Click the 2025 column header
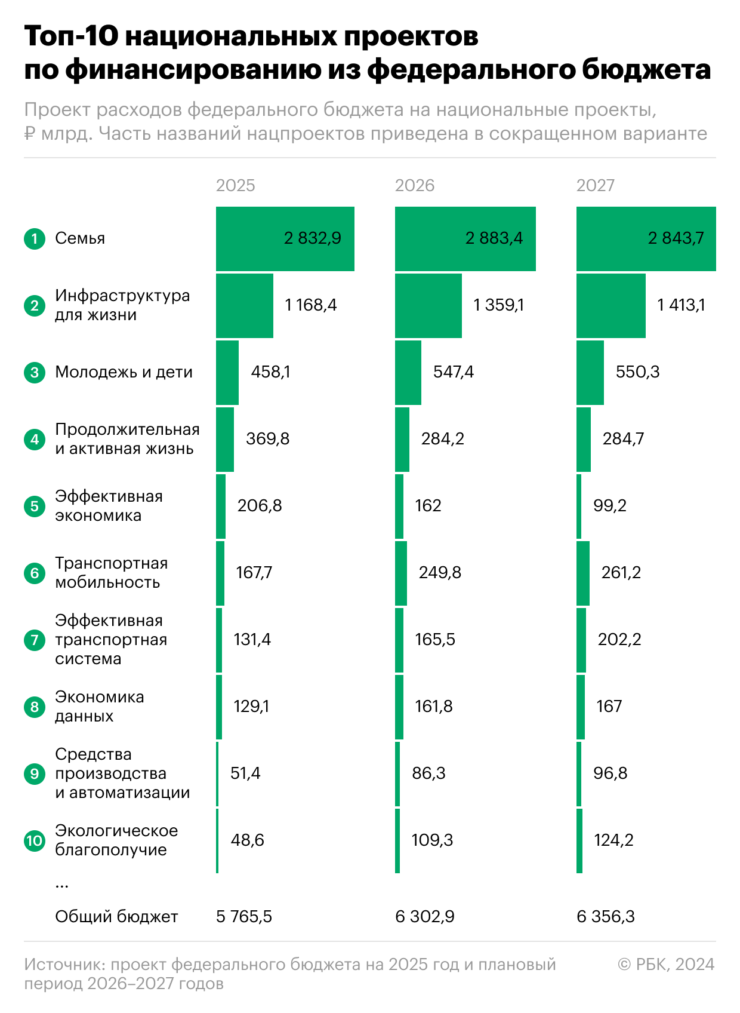(x=235, y=185)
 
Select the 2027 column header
(x=595, y=185)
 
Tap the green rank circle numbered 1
(x=35, y=239)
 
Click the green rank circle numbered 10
(x=35, y=841)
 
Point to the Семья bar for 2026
(x=465, y=239)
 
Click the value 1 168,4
(x=311, y=305)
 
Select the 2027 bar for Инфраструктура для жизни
(x=610, y=306)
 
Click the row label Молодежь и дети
(x=124, y=372)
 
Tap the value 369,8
(x=267, y=439)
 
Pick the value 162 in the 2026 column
(x=428, y=506)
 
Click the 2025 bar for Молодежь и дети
(x=227, y=373)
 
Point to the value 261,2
(x=621, y=573)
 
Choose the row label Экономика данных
(x=99, y=707)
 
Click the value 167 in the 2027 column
(x=609, y=707)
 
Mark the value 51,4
(x=245, y=773)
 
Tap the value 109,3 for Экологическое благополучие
(x=432, y=840)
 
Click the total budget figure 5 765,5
(x=243, y=917)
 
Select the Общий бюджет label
(x=116, y=917)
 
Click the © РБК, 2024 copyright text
(x=666, y=965)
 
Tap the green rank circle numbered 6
(x=35, y=573)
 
